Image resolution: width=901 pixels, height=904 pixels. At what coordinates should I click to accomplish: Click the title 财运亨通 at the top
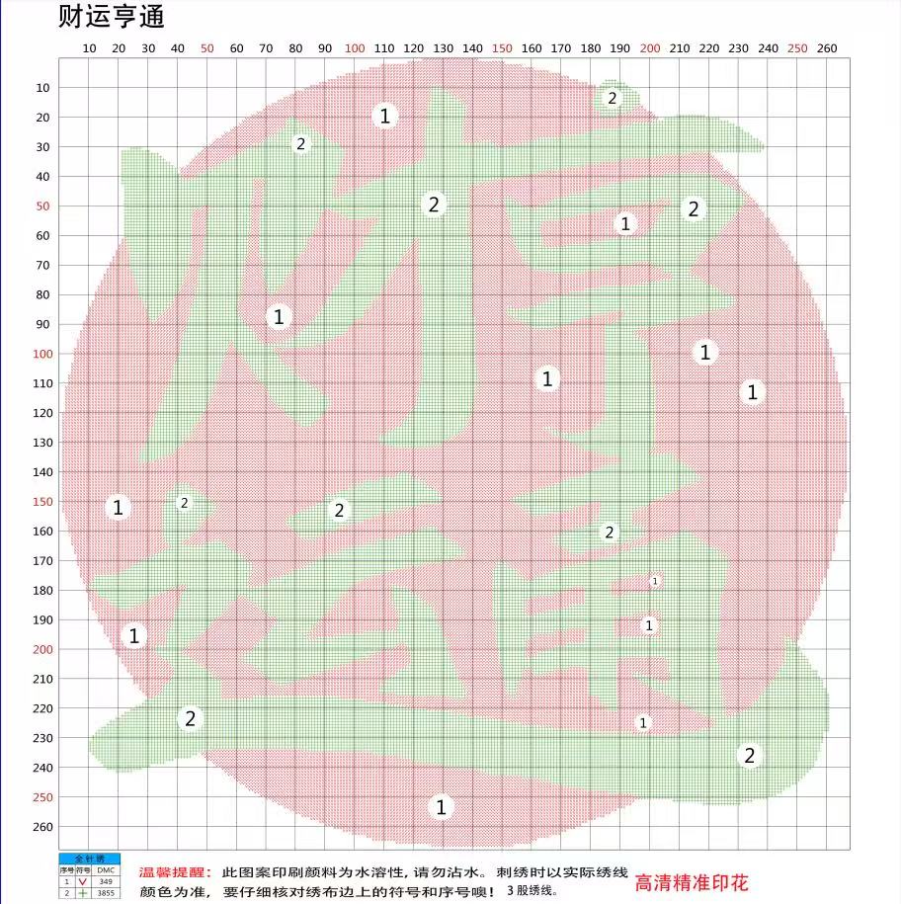[x=111, y=16]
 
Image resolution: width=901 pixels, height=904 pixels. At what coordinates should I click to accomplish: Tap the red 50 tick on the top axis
[x=206, y=48]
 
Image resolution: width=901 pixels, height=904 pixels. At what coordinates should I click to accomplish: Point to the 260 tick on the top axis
[x=827, y=48]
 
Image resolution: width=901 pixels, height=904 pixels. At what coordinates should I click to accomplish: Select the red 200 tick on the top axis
[x=650, y=48]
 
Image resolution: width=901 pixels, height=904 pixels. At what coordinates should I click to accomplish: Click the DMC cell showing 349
[x=106, y=881]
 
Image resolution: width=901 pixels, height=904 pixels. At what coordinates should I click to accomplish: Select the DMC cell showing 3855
[x=106, y=892]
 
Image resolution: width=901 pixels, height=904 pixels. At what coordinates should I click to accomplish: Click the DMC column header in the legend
[x=106, y=870]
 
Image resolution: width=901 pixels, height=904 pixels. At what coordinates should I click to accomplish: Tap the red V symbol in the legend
[x=83, y=881]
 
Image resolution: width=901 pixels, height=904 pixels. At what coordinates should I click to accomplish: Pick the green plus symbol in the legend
[x=83, y=892]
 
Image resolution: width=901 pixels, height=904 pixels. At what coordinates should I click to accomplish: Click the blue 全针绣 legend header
[x=89, y=860]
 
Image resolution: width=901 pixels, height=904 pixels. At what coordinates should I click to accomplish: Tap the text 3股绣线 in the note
[x=532, y=890]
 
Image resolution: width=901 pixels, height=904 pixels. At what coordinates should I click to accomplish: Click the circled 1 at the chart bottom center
[x=442, y=806]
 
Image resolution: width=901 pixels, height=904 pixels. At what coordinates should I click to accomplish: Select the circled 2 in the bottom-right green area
[x=749, y=756]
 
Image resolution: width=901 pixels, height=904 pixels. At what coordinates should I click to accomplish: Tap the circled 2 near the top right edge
[x=612, y=98]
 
